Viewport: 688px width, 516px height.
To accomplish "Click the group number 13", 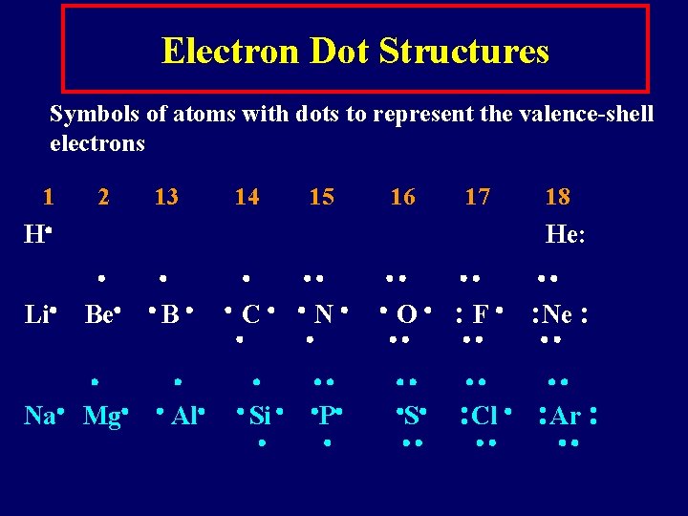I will pyautogui.click(x=166, y=197).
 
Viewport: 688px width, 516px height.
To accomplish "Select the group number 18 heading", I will pyautogui.click(x=557, y=197).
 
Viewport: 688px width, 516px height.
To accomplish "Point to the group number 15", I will pyautogui.click(x=322, y=197).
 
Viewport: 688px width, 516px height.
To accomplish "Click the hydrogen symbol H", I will pyautogui.click(x=32, y=234).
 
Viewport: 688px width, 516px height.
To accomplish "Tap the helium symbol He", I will pyautogui.click(x=561, y=234).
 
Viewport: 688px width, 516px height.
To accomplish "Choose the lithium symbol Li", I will pyautogui.click(x=36, y=313).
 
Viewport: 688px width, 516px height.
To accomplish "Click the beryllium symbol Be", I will pyautogui.click(x=97, y=313).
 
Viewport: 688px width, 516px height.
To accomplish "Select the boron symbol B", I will pyautogui.click(x=170, y=313).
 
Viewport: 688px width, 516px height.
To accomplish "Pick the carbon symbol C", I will pyautogui.click(x=250, y=313).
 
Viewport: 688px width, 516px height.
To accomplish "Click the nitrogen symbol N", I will pyautogui.click(x=323, y=313).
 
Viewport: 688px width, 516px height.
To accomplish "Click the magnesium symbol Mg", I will pyautogui.click(x=100, y=417).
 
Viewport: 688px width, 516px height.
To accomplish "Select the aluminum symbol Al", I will pyautogui.click(x=183, y=417).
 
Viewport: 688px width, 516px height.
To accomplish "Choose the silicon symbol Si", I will pyautogui.click(x=260, y=417).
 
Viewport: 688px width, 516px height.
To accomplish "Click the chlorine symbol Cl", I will pyautogui.click(x=484, y=417).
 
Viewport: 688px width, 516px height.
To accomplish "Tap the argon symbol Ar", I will pyautogui.click(x=566, y=417).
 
